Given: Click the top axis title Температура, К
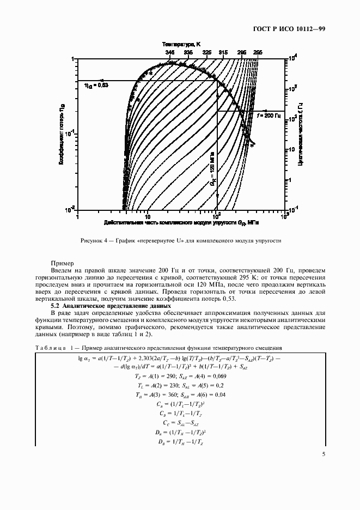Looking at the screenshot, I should click(x=181, y=43).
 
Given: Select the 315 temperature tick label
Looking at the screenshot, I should click(x=223, y=52).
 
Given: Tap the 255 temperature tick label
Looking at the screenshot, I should click(x=258, y=52).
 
